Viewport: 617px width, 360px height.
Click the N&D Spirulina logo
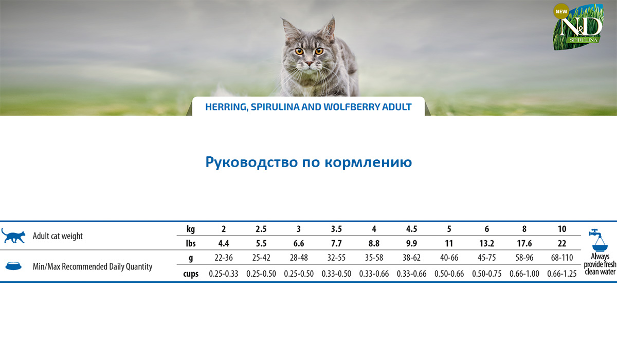point(578,27)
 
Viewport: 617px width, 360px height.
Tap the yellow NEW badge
point(561,11)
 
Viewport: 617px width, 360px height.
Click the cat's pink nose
point(310,63)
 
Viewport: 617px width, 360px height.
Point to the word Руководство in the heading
point(251,162)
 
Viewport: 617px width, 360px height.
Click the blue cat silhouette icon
point(13,236)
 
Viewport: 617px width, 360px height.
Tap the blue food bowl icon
point(13,266)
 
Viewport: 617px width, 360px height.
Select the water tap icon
point(598,240)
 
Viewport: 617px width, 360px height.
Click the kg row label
point(191,229)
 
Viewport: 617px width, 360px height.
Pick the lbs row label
point(191,243)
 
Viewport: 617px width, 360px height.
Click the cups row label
point(191,274)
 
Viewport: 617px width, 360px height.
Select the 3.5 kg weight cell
point(336,229)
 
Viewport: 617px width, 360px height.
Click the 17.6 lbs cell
point(524,243)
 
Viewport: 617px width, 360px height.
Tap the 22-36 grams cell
point(223,258)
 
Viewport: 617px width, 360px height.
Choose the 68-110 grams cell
point(562,258)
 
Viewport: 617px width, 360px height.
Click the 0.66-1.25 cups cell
point(562,274)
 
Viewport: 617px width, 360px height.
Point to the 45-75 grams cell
point(487,258)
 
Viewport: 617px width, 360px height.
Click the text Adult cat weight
point(58,236)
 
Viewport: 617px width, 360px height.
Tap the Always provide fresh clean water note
point(600,264)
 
